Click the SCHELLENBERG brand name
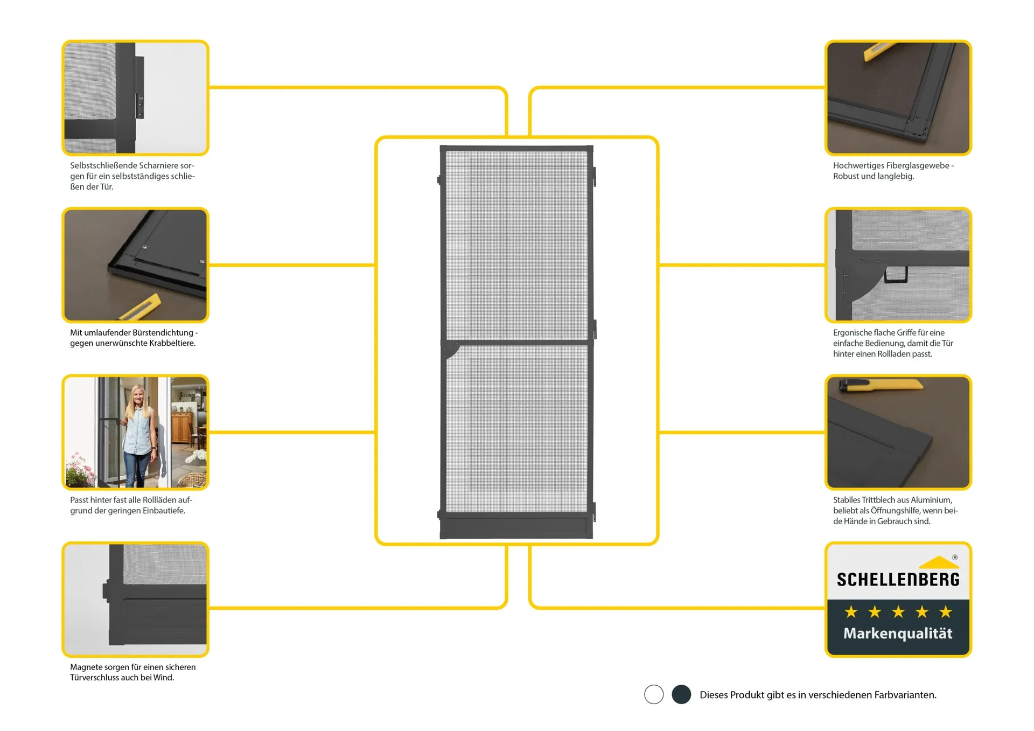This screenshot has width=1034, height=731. (898, 580)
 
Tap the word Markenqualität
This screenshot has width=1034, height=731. (898, 633)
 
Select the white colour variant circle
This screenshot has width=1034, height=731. (654, 694)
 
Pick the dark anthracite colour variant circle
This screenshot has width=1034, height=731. (681, 694)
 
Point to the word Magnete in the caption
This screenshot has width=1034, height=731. (85, 667)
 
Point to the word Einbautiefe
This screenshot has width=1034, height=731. (161, 511)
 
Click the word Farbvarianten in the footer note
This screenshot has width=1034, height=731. (905, 695)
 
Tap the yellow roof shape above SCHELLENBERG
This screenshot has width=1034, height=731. (939, 563)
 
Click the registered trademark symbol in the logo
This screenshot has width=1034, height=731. (955, 558)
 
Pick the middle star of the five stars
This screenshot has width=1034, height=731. (898, 612)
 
